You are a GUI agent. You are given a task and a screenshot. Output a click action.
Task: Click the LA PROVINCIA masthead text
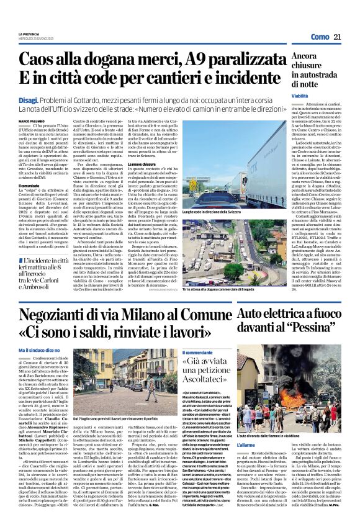(29, 34)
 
